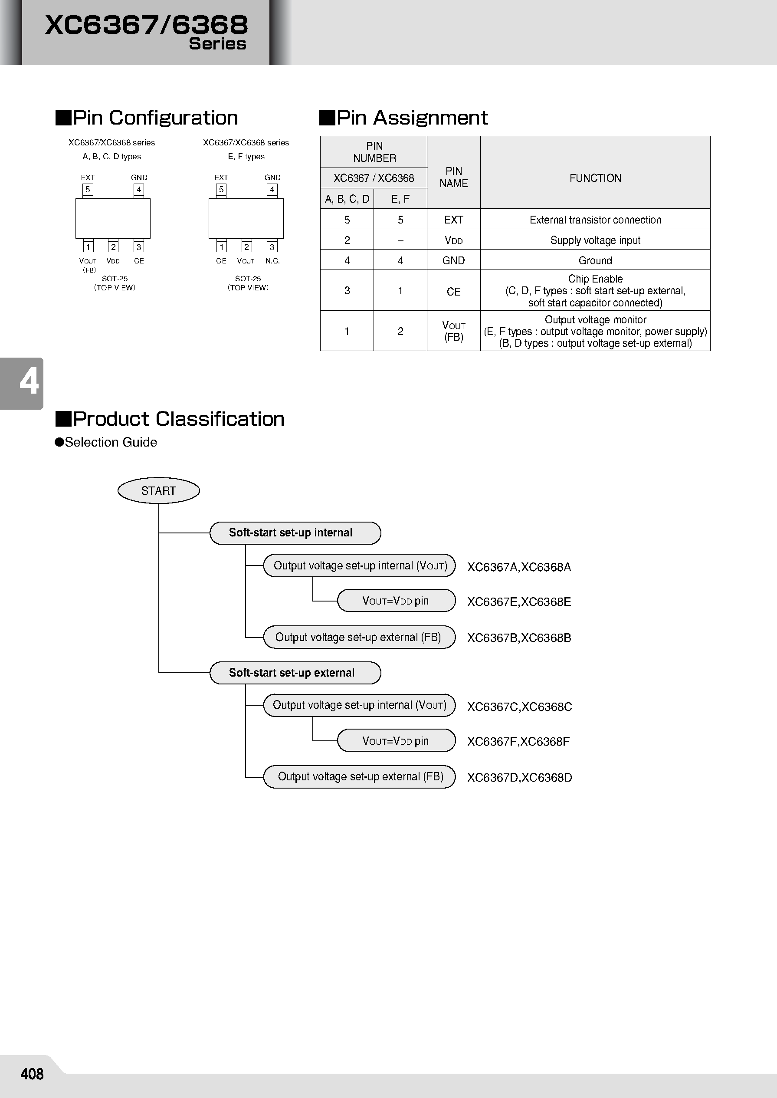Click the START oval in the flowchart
click(x=158, y=490)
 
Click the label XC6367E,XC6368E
click(x=518, y=602)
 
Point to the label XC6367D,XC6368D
click(x=519, y=777)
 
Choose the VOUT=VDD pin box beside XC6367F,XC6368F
click(x=396, y=741)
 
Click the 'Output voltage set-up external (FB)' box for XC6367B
click(x=359, y=637)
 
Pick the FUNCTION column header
click(x=595, y=178)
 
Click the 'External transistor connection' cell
click(x=595, y=220)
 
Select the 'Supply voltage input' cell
click(x=595, y=240)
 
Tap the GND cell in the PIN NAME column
click(x=453, y=260)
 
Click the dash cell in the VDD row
click(x=400, y=240)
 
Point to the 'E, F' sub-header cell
click(x=400, y=199)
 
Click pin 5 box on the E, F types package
click(x=221, y=190)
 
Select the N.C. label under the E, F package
click(x=272, y=261)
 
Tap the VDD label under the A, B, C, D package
click(x=113, y=261)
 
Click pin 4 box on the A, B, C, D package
click(x=139, y=190)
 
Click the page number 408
click(x=32, y=1074)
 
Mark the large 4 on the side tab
click(x=29, y=382)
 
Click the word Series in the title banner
click(x=217, y=43)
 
